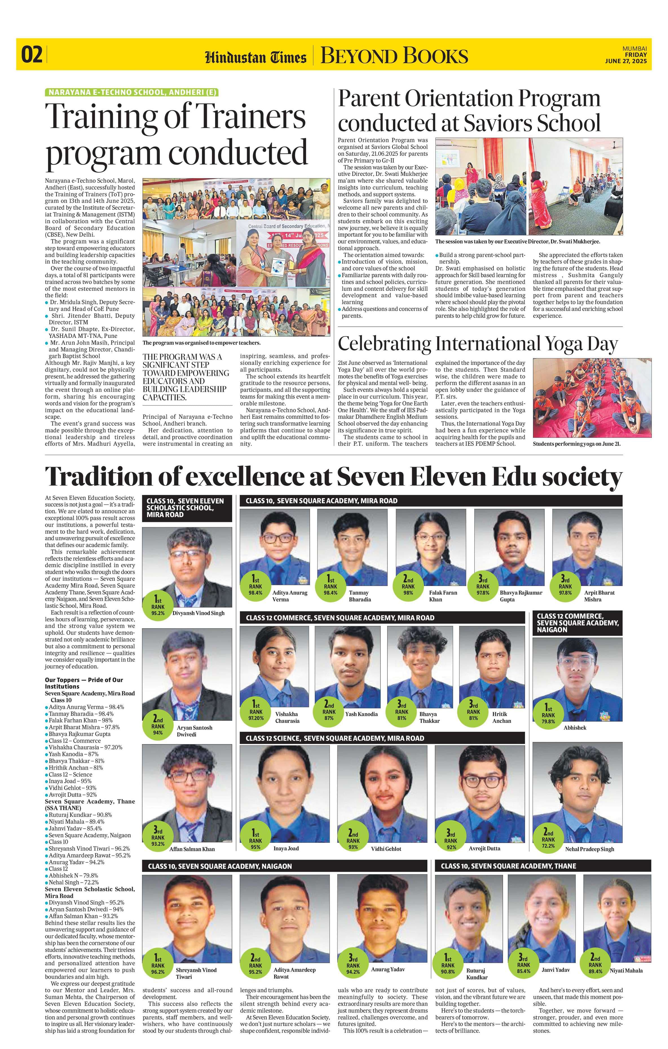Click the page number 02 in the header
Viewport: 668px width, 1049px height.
pos(33,55)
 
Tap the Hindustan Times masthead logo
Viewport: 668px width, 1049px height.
pos(256,57)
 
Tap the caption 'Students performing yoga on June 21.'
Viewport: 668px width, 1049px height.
pos(576,444)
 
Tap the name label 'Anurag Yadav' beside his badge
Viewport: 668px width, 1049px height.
pos(388,966)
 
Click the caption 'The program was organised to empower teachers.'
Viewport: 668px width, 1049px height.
pos(201,343)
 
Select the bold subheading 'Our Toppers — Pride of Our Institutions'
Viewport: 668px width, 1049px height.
pos(84,683)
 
